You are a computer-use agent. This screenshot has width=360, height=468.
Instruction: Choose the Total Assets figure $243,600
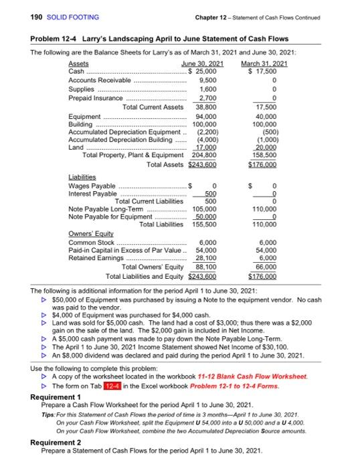(x=203, y=146)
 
